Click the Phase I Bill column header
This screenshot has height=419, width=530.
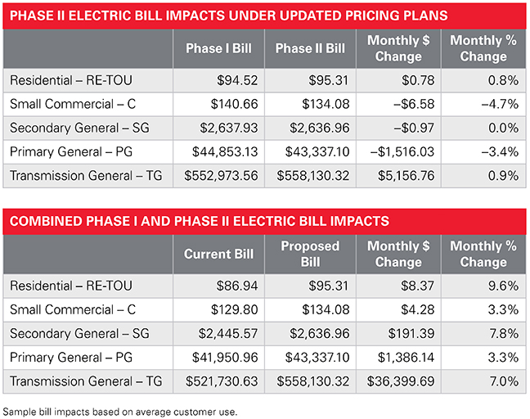[218, 48]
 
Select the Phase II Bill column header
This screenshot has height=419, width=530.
[310, 48]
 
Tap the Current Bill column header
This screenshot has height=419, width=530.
[218, 254]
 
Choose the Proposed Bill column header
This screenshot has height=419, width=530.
[310, 254]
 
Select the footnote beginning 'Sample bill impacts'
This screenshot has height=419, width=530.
[120, 409]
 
